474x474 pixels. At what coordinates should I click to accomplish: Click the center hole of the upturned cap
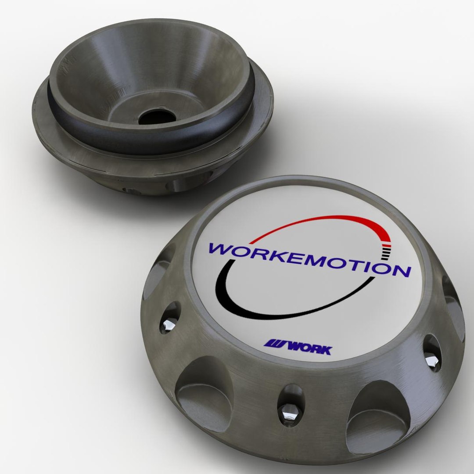click(157, 116)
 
